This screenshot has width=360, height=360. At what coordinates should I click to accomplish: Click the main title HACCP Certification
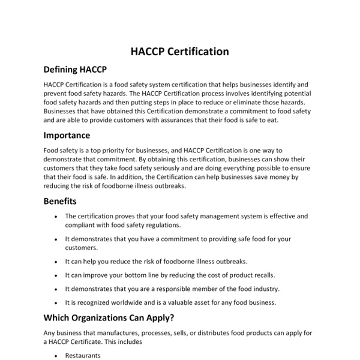tap(179, 52)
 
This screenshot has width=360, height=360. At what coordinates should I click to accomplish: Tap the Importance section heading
tap(67, 136)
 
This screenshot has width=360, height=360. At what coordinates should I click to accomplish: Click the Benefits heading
tap(60, 202)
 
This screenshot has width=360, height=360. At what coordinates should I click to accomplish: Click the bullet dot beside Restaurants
tap(56, 356)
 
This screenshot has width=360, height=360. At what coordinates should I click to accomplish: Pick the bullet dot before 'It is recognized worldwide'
tap(56, 303)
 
